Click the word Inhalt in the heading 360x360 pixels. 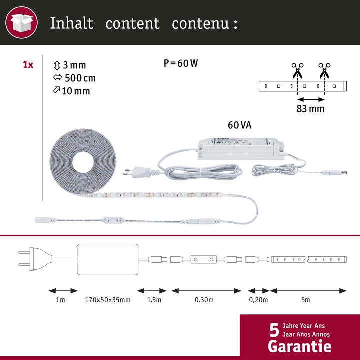pos(71,23)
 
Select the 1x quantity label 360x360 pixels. pos(28,65)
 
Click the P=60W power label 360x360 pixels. pos(181,63)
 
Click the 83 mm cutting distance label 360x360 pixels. pos(310,108)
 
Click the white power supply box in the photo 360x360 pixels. pos(242,146)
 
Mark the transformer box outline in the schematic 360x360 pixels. pos(107,259)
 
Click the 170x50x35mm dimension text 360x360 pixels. pos(108,300)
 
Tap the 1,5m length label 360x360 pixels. pos(153,300)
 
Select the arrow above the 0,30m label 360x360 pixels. pos(206,290)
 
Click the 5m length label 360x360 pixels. pos(306,300)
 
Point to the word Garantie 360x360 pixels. pos(299,346)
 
